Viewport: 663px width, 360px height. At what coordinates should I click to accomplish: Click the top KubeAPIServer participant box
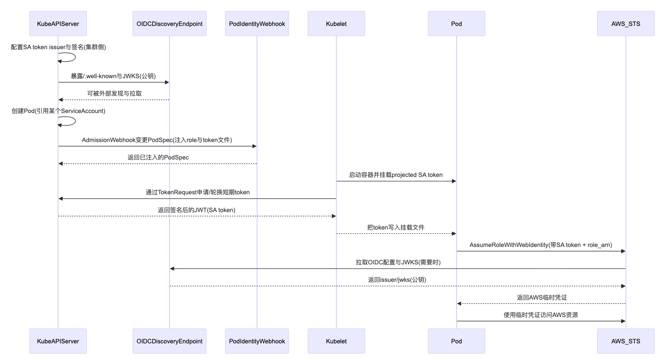(x=58, y=24)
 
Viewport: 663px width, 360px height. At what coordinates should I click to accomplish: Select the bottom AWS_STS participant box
(x=625, y=341)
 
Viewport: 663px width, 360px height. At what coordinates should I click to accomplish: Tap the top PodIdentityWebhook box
(x=257, y=24)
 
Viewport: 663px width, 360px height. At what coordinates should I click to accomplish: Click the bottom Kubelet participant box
(x=336, y=341)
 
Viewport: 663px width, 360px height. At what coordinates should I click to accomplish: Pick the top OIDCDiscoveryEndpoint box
(x=169, y=24)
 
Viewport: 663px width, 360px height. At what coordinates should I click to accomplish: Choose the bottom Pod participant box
(x=456, y=341)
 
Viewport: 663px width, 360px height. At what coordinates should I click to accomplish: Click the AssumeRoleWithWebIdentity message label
(x=541, y=245)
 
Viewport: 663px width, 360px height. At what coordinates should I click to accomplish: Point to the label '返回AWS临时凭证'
(x=541, y=297)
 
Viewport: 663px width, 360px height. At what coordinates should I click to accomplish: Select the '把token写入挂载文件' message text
(x=395, y=228)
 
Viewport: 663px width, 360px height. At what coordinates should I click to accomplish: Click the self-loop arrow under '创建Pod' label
(x=72, y=121)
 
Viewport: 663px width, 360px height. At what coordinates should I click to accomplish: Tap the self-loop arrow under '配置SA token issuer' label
(x=72, y=57)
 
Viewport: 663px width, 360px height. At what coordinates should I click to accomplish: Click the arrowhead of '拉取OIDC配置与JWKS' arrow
(x=172, y=269)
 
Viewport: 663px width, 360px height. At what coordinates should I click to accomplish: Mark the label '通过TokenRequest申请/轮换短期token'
(x=198, y=192)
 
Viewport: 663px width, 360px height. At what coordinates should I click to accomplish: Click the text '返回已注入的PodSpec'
(x=158, y=158)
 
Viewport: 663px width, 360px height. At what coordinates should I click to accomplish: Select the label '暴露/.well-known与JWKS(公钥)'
(x=113, y=76)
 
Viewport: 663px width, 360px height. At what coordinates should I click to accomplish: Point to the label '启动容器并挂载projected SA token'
(x=395, y=175)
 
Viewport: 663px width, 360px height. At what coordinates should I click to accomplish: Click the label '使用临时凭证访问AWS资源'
(x=541, y=315)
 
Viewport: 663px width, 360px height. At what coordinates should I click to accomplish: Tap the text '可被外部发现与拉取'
(x=114, y=94)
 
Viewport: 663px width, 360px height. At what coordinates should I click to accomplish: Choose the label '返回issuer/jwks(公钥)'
(x=397, y=280)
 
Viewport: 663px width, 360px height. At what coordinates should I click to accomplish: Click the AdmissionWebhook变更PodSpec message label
(x=157, y=140)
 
